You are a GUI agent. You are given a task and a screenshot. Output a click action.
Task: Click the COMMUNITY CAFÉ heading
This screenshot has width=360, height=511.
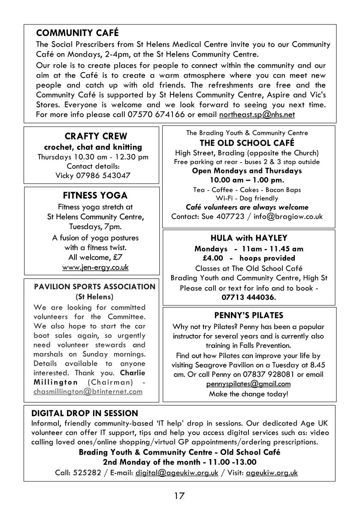(x=77, y=33)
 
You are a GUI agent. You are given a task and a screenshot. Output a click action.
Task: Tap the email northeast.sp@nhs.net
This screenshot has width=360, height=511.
(x=257, y=115)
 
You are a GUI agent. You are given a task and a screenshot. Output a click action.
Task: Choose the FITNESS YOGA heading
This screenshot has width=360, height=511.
(x=95, y=196)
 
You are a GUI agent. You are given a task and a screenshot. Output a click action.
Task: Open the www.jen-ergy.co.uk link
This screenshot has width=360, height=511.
(x=95, y=267)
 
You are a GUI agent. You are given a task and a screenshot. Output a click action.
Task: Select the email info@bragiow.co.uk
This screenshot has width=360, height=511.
(x=288, y=216)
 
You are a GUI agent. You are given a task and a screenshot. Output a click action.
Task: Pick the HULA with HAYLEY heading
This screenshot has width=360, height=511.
(x=249, y=238)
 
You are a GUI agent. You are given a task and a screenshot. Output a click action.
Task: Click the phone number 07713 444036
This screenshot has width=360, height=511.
(x=249, y=297)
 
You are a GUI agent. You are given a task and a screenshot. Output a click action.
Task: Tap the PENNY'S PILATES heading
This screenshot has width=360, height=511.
(x=249, y=316)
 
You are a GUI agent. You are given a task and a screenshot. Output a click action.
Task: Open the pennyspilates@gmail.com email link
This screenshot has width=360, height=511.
(x=248, y=384)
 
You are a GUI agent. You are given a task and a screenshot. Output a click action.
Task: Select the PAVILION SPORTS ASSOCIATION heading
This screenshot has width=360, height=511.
(x=94, y=287)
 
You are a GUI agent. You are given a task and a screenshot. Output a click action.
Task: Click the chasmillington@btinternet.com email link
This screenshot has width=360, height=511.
(x=88, y=391)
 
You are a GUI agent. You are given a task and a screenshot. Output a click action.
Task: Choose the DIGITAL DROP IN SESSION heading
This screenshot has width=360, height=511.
(x=85, y=414)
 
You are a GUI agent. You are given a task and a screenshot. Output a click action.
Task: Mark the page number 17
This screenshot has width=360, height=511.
(x=179, y=496)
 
